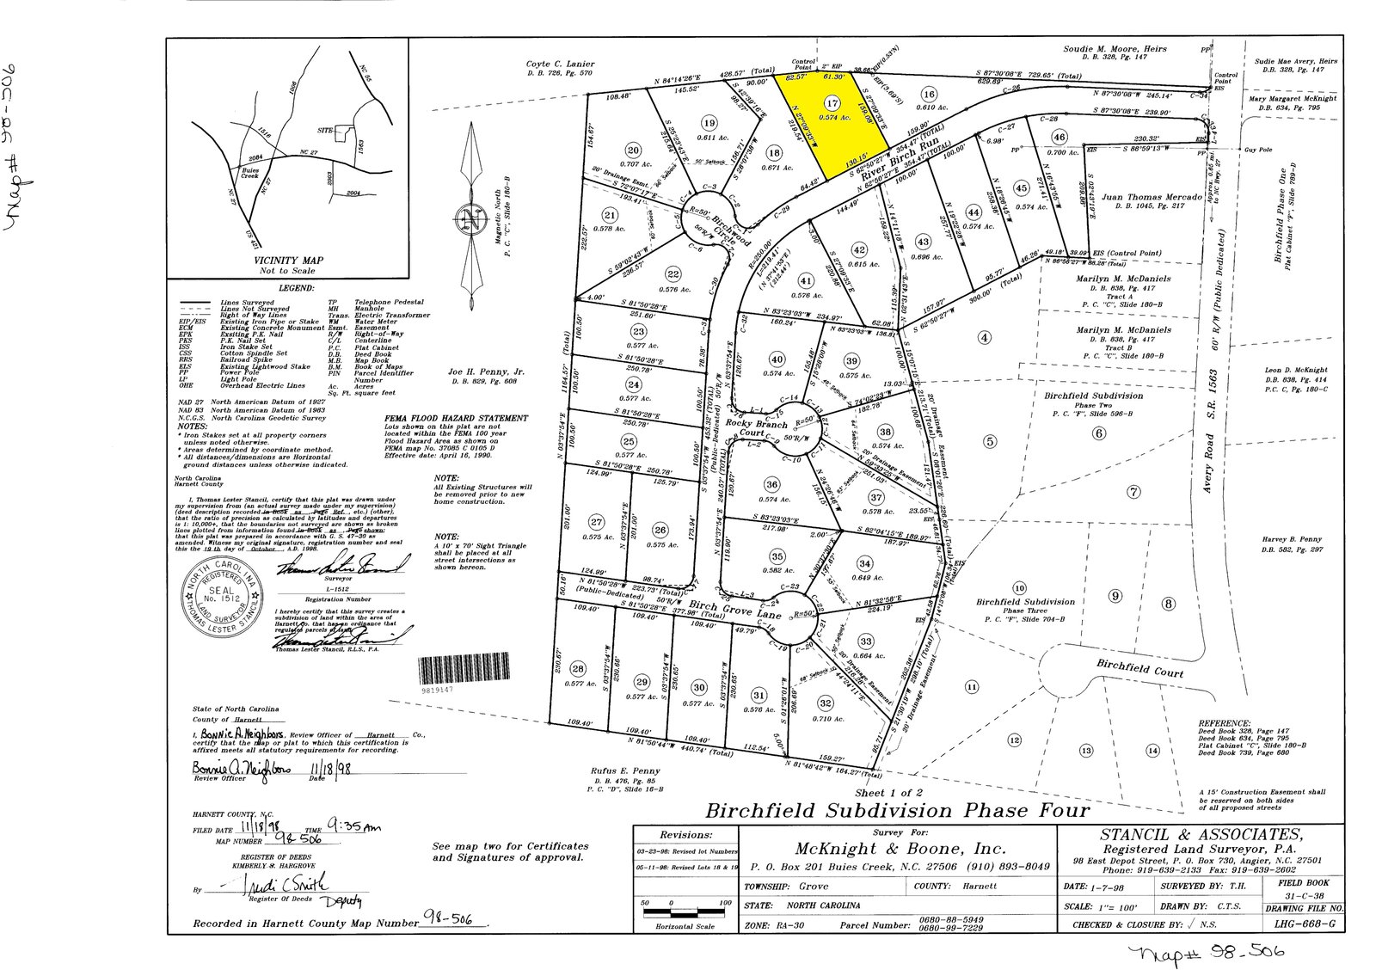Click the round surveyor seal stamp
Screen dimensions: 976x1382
(223, 594)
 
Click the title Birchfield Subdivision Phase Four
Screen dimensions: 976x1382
(897, 810)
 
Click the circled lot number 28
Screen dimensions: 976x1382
(577, 668)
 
